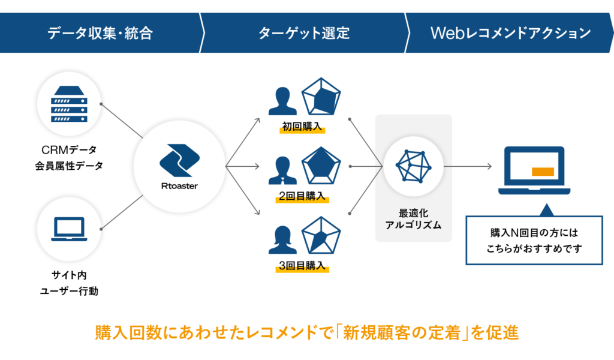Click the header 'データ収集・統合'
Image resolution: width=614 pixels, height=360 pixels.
[100, 33]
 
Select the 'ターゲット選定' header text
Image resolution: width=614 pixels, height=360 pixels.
[304, 33]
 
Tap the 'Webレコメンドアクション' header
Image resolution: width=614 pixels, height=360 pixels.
[510, 33]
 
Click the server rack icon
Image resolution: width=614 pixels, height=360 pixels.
[70, 104]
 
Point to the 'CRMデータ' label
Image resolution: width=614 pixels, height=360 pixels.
[69, 149]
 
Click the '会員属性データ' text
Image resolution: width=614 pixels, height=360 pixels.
[69, 166]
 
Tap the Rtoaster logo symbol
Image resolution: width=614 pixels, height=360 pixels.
[180, 160]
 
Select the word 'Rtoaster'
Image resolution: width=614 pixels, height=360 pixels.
[179, 186]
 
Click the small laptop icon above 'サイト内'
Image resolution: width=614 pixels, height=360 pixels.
[70, 229]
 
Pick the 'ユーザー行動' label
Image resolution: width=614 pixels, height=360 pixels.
[69, 291]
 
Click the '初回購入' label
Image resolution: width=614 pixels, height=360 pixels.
[302, 127]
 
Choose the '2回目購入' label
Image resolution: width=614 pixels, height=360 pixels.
[302, 196]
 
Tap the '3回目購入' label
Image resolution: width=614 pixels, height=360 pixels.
[302, 266]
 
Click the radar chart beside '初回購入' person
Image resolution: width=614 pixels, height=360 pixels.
[321, 97]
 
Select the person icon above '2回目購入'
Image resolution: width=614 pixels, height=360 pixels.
[282, 170]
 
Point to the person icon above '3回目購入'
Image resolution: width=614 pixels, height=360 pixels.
[282, 240]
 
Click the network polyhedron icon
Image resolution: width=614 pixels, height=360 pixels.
[414, 166]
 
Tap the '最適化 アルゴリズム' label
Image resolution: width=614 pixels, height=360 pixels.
[414, 219]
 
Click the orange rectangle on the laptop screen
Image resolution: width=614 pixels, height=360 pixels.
[543, 172]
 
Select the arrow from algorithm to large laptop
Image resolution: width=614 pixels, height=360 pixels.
[468, 166]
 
